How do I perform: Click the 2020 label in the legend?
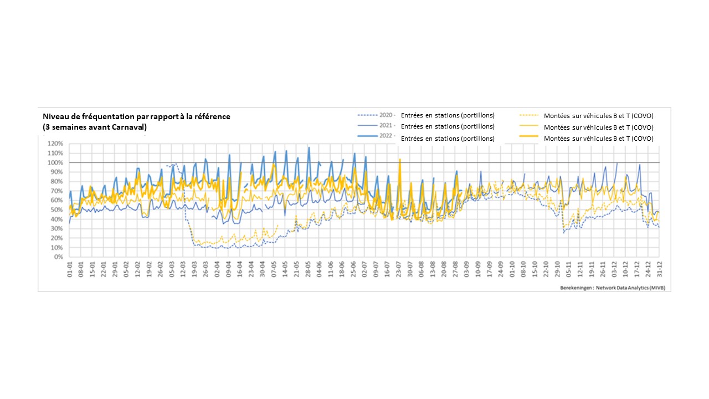pyautogui.click(x=386, y=115)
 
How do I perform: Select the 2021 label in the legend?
pyautogui.click(x=386, y=126)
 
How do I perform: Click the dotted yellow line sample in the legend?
pyautogui.click(x=529, y=116)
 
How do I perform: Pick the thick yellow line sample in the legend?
pyautogui.click(x=529, y=138)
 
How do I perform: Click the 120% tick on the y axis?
pyautogui.click(x=56, y=144)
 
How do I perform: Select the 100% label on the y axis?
pyautogui.click(x=56, y=162)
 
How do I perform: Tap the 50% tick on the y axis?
pyautogui.click(x=57, y=210)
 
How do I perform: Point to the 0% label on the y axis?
pyautogui.click(x=59, y=257)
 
